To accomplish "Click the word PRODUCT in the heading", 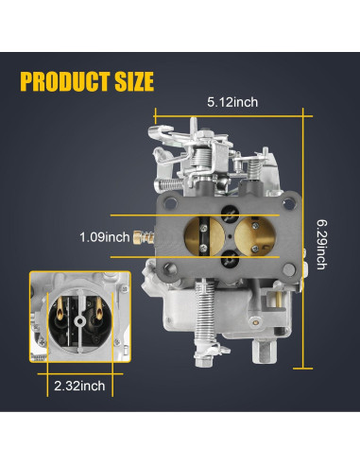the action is (65, 81).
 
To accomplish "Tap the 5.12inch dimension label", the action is (232, 102).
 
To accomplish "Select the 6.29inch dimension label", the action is (321, 245).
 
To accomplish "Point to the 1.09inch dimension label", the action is (104, 237).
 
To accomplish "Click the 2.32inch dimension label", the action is (79, 386).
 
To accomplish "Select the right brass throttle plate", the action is (255, 234).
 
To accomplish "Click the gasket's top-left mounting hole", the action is (170, 203).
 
